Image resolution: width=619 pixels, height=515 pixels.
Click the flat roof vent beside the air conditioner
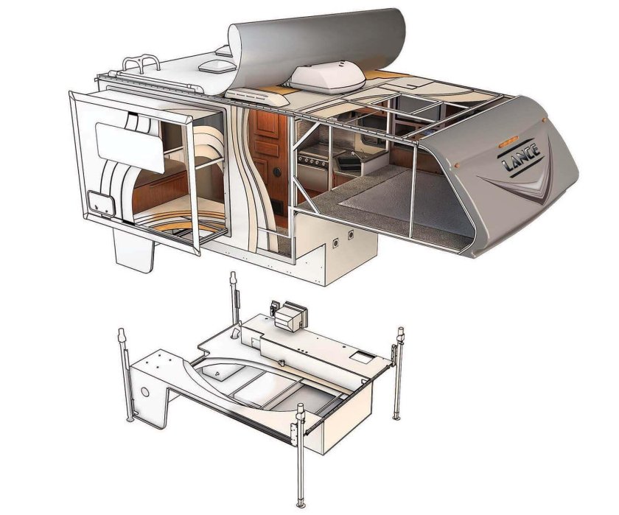251,95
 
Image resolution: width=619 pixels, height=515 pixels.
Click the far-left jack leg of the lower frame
122,376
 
